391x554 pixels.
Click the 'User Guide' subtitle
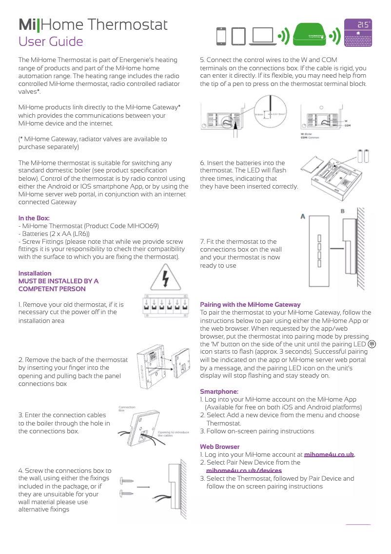pyautogui.click(x=51, y=42)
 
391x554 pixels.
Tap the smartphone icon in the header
pyautogui.click(x=222, y=37)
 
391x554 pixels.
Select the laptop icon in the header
pyautogui.click(x=261, y=37)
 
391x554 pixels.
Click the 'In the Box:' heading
pyautogui.click(x=34, y=218)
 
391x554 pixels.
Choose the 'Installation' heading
pyautogui.click(x=35, y=273)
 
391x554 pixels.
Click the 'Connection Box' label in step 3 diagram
pyautogui.click(x=127, y=408)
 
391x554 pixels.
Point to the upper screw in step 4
pyautogui.click(x=127, y=481)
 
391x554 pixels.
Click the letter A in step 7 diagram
pyautogui.click(x=303, y=215)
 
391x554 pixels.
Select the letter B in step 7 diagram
pyautogui.click(x=342, y=211)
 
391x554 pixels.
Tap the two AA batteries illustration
pyautogui.click(x=364, y=156)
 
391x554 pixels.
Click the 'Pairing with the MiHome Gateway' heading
pyautogui.click(x=250, y=304)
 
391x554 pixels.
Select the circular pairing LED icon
pyautogui.click(x=372, y=344)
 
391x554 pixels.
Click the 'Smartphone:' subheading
pyautogui.click(x=219, y=391)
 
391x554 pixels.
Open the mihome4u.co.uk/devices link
pyautogui.click(x=244, y=470)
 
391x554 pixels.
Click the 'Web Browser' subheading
pyautogui.click(x=220, y=447)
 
